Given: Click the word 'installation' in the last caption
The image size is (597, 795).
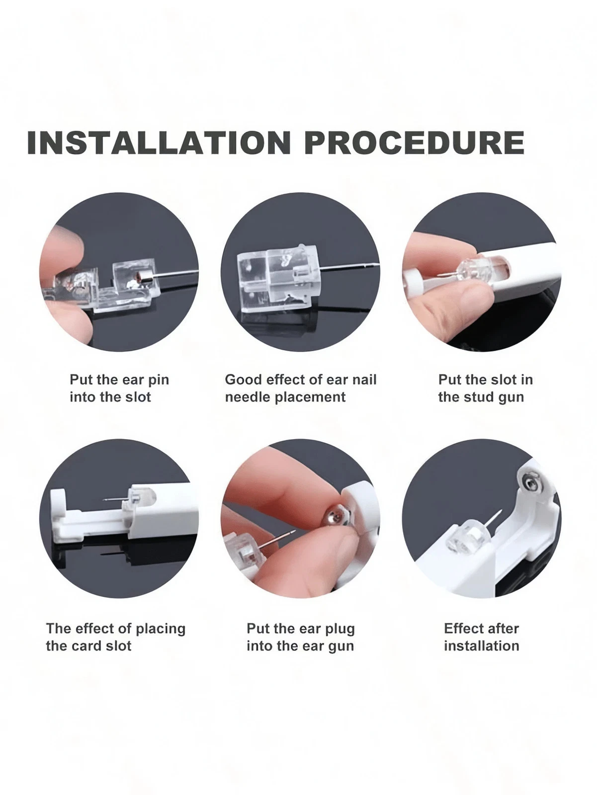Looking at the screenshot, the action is click(x=482, y=646).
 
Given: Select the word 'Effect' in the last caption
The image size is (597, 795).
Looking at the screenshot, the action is click(x=463, y=629).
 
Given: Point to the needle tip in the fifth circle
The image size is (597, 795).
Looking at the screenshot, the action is click(x=294, y=531).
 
